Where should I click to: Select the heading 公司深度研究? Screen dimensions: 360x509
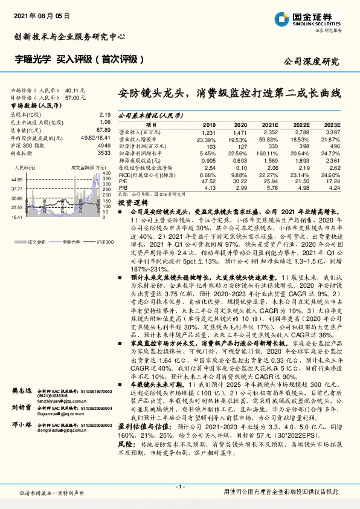311,61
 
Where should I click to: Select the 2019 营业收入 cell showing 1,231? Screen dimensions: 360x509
208,132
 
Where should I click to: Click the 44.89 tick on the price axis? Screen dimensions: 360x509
16,180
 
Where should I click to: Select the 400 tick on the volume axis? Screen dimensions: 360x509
106,175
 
